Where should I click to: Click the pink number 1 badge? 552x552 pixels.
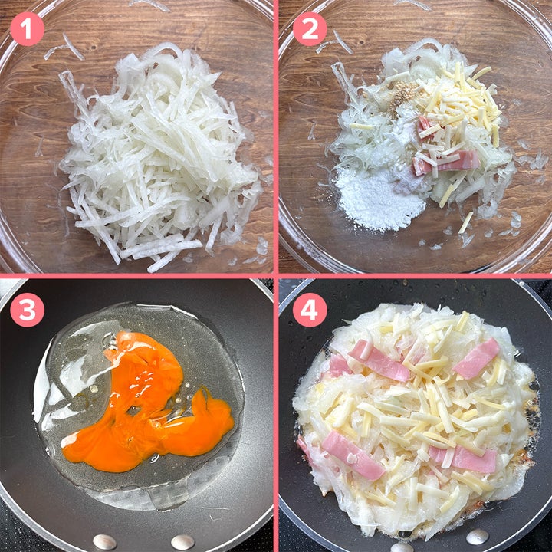27,29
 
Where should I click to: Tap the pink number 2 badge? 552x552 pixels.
310,29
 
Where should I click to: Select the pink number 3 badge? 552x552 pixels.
27,310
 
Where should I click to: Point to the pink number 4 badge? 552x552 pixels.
310,310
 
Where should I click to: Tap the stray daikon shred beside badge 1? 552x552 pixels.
72,46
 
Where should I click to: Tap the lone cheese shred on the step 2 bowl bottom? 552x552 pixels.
465,222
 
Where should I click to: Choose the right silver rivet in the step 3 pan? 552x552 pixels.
182,542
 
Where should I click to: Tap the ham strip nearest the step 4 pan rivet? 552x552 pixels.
463,458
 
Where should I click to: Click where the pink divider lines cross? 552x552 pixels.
276,276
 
